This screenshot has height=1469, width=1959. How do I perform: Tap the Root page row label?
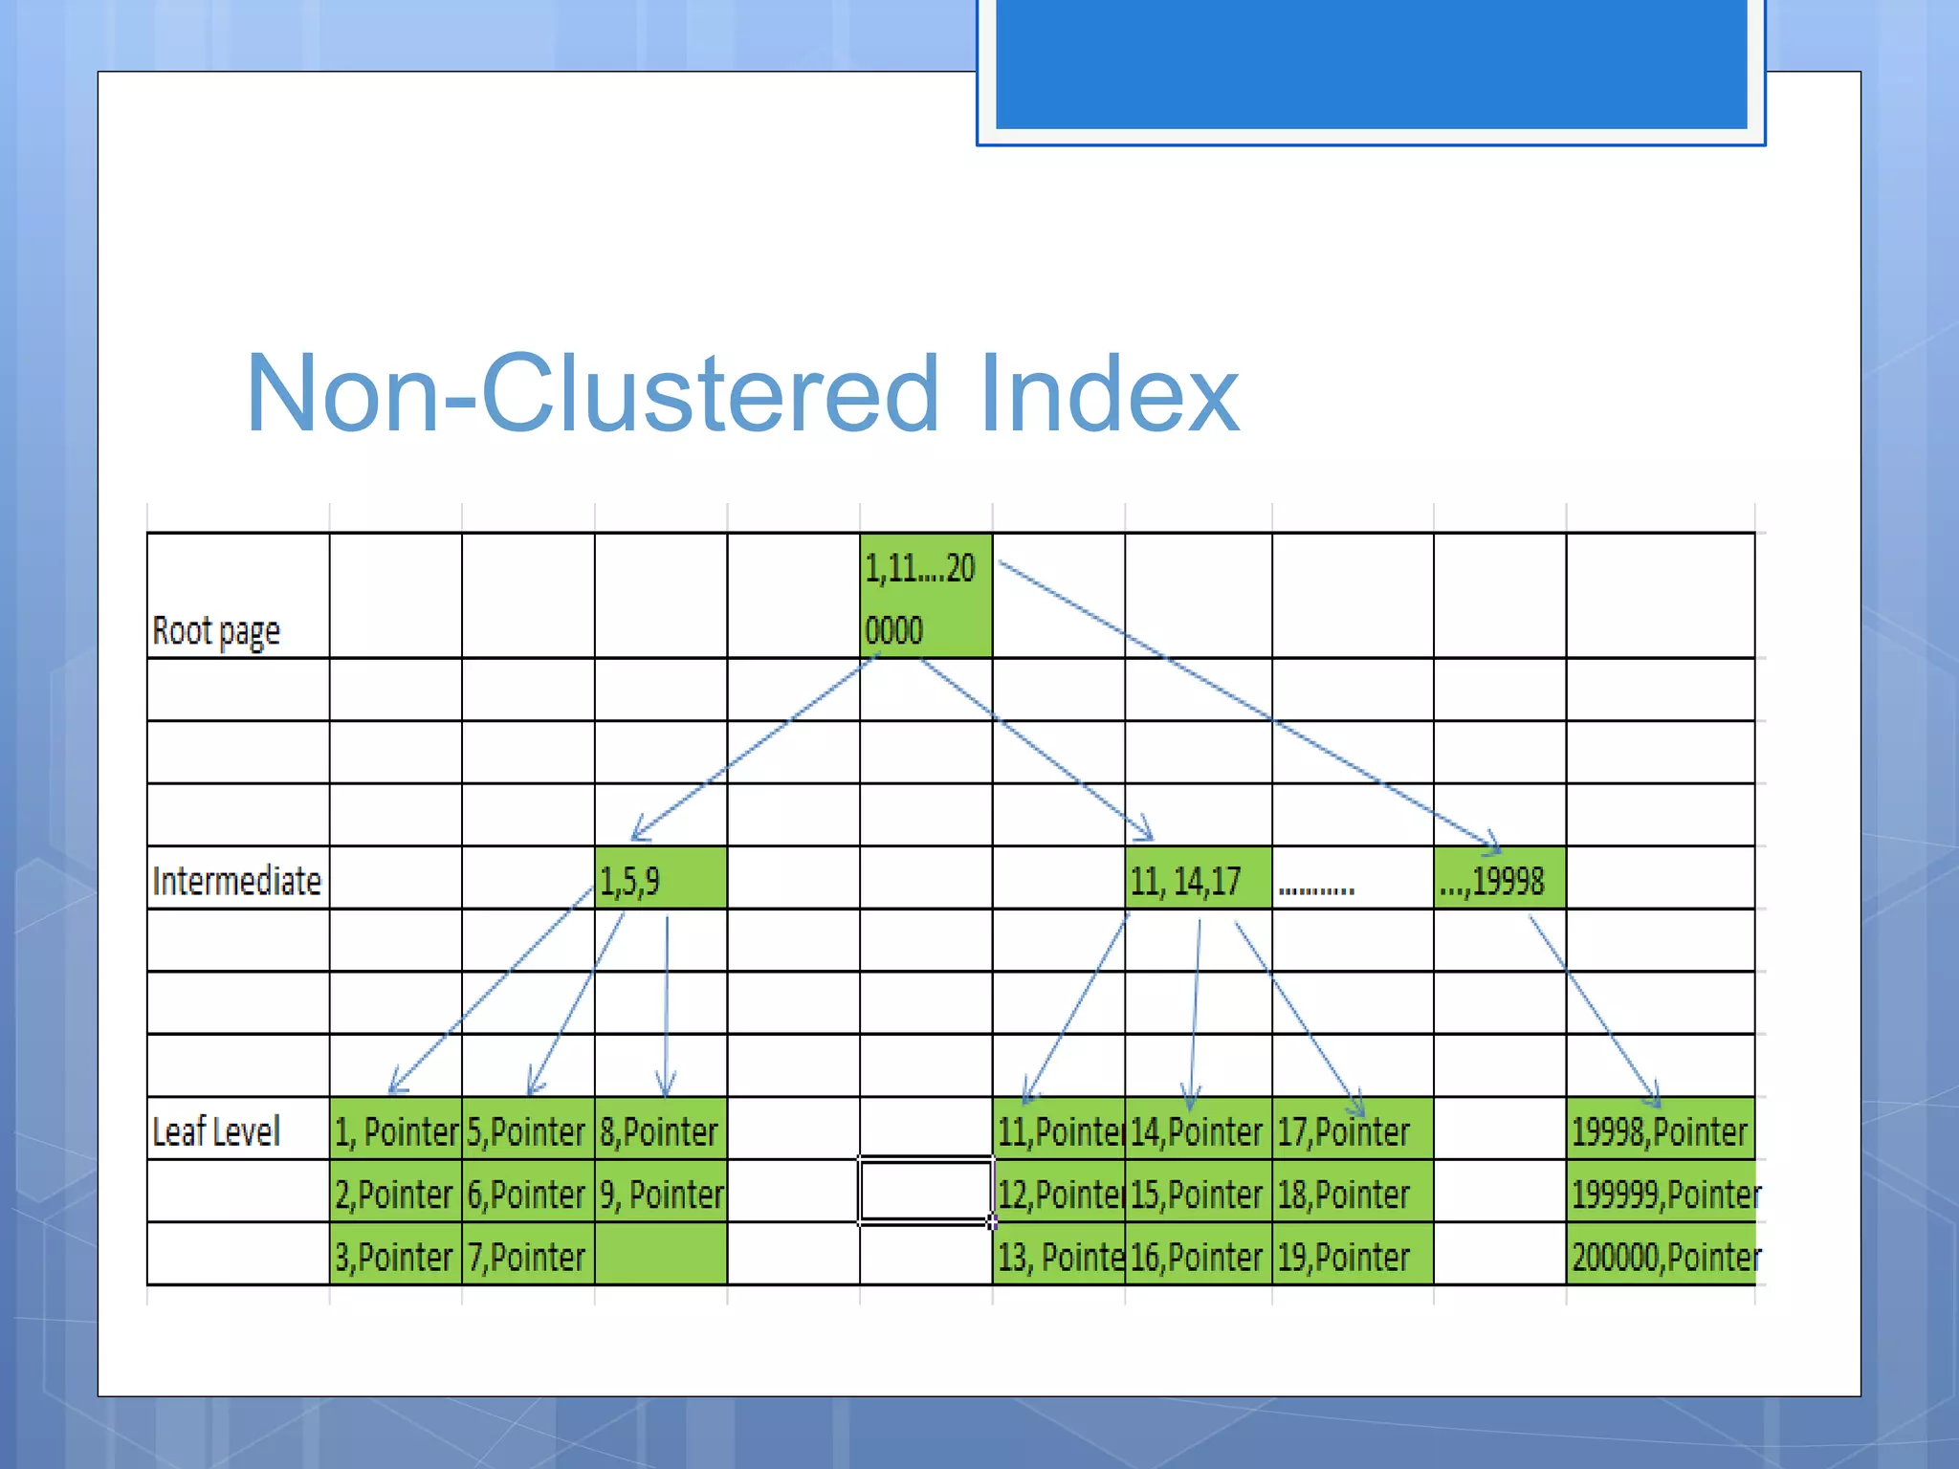point(216,631)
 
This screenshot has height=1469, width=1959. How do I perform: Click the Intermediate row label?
point(236,881)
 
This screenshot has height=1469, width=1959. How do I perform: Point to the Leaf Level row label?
point(216,1131)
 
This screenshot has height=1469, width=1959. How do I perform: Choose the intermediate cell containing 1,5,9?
point(660,879)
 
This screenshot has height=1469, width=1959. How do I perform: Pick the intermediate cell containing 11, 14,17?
point(1198,879)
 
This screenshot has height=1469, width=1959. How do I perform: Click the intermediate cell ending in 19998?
point(1499,879)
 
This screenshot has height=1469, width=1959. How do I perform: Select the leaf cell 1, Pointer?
point(396,1131)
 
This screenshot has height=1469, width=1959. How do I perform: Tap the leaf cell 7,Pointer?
point(527,1256)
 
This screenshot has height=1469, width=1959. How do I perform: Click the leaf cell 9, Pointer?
point(661,1194)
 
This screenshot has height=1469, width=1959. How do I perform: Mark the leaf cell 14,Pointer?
point(1198,1131)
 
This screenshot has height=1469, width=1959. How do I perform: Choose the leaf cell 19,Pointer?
point(1352,1256)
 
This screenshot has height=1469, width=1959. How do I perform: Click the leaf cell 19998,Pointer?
point(1661,1131)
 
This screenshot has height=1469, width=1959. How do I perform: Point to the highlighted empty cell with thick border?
point(925,1192)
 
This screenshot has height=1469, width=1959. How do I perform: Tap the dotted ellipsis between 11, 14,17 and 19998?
point(1316,889)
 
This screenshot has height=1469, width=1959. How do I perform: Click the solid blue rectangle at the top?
point(1371,63)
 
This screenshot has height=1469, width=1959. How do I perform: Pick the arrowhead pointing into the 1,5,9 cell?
point(638,834)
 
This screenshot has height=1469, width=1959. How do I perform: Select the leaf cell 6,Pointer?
point(527,1194)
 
